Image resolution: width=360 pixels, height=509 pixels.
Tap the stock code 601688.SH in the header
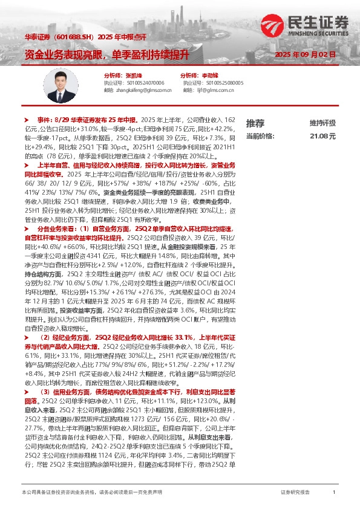(74, 37)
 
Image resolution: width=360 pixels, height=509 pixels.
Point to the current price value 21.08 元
(322, 137)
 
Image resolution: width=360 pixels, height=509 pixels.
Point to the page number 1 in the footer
(334, 493)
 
